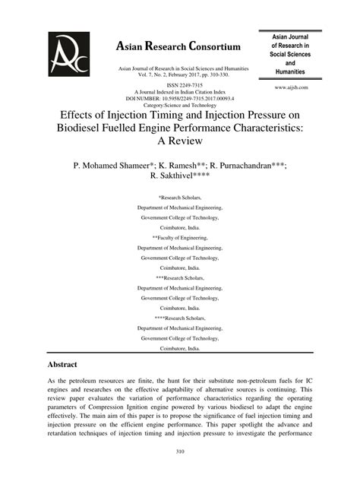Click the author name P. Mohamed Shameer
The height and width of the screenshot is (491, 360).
click(112, 164)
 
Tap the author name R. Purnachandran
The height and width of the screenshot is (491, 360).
click(250, 164)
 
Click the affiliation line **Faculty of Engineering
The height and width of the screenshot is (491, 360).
click(179, 236)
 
